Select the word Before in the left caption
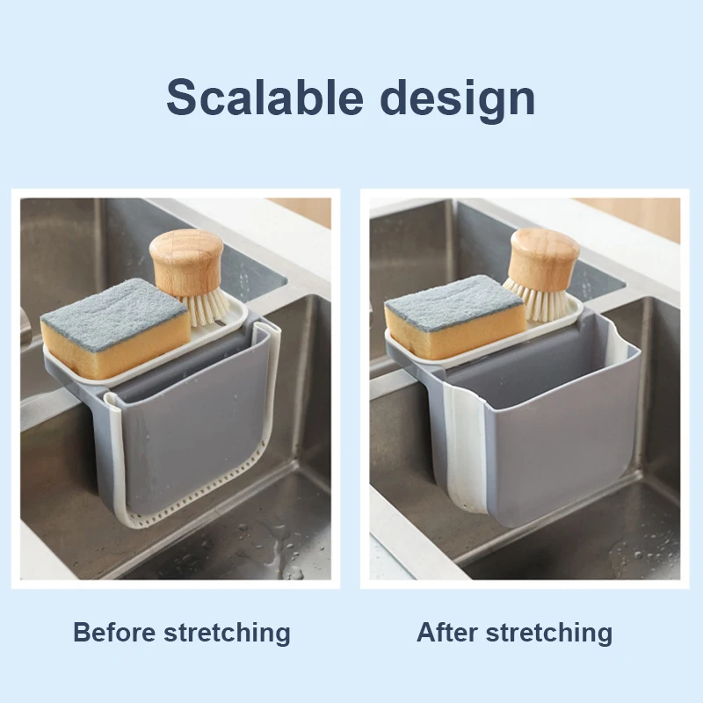coord(115,632)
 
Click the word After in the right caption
coord(447,632)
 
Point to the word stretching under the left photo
coord(228,633)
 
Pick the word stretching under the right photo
coord(549,633)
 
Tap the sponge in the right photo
coord(455,316)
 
